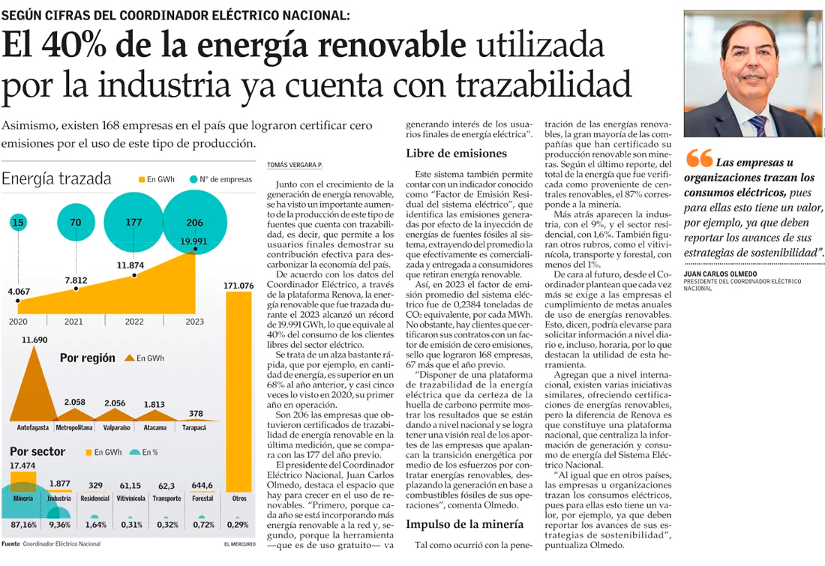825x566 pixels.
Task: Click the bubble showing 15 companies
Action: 19,223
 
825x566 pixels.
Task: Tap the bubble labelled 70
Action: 75,222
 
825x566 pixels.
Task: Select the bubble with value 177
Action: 133,222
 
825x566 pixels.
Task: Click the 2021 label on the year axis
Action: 73,322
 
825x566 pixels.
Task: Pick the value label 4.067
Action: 19,291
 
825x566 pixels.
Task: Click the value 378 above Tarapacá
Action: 196,413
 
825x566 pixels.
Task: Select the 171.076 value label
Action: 238,286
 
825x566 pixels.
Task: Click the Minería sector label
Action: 22,499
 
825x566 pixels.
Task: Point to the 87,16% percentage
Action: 23,524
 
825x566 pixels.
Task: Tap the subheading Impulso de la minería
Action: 464,524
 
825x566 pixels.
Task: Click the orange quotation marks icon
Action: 699,159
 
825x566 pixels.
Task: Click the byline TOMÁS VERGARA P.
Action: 295,165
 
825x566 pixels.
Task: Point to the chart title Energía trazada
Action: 57,178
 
